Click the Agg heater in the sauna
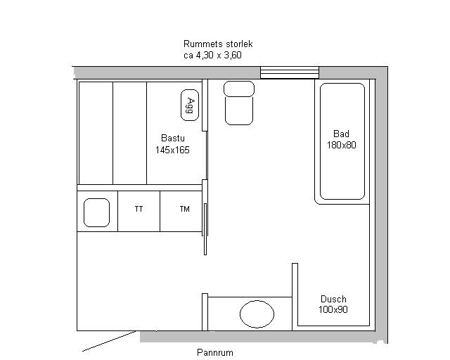coord(190,105)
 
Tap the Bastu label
coord(173,138)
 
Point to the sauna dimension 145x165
coord(172,150)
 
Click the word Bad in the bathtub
coord(341,134)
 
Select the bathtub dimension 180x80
coord(341,145)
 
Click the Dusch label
coord(333,299)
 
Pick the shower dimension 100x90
coord(333,309)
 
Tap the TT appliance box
coord(139,211)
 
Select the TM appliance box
coord(181,211)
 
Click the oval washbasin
coord(257,314)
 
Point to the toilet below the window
coord(239,103)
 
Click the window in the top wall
coord(290,72)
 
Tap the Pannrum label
coord(215,352)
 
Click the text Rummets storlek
coord(218,44)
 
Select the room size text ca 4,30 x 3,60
coord(212,55)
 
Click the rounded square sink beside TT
coord(96,212)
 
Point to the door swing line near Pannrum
coord(109,341)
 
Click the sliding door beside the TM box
coord(205,229)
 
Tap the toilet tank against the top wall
coord(239,89)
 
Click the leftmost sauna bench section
coord(96,133)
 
